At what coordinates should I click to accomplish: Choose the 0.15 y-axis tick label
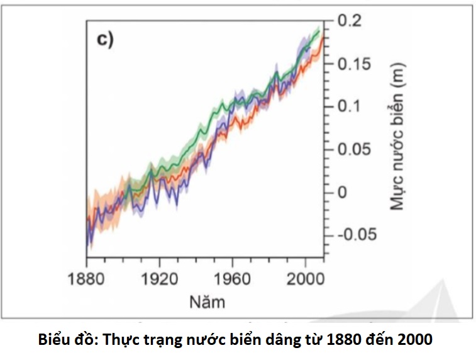pyautogui.click(x=358, y=64)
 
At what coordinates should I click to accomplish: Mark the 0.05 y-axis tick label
pyautogui.click(x=358, y=149)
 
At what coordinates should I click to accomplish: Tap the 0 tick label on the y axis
pyautogui.click(x=343, y=192)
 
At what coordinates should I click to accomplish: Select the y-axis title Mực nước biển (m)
pyautogui.click(x=397, y=135)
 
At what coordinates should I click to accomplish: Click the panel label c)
pyautogui.click(x=104, y=40)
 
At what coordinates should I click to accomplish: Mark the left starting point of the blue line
pyautogui.click(x=86, y=244)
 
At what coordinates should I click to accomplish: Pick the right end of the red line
pyautogui.click(x=323, y=38)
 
